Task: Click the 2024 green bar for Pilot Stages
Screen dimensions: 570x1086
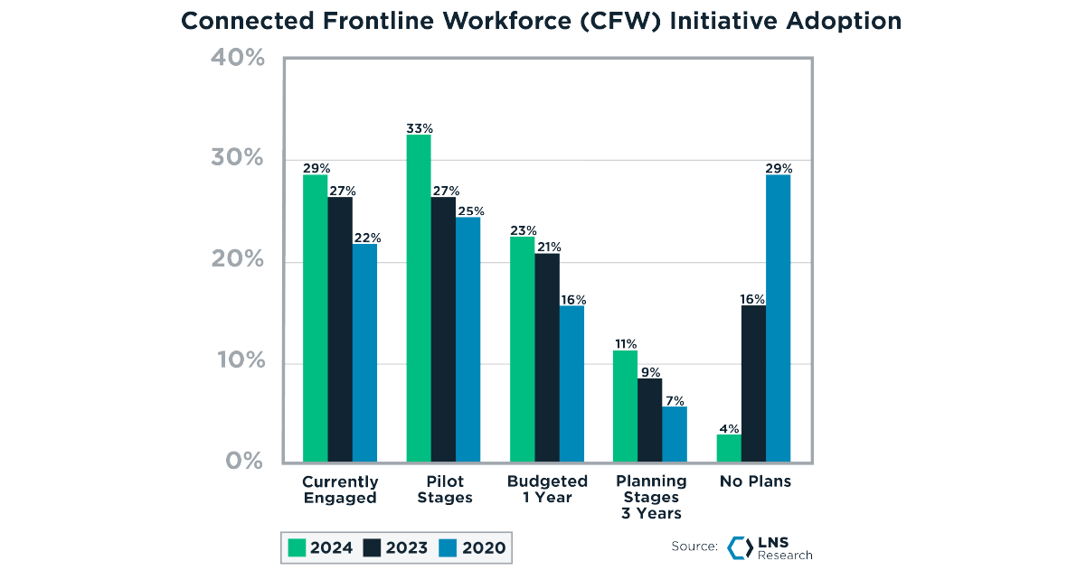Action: [419, 298]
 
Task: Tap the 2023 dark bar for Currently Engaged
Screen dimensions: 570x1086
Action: [340, 329]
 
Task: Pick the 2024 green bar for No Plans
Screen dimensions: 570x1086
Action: [728, 447]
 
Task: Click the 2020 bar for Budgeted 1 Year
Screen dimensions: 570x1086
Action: [571, 383]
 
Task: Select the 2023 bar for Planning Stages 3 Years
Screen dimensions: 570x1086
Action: [649, 419]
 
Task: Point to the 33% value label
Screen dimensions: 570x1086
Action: [419, 128]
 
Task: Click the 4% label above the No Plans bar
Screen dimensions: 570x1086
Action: [729, 428]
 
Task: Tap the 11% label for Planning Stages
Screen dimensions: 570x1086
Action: [625, 344]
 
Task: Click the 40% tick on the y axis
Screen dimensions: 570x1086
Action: [237, 58]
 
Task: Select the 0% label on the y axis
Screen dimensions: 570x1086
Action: [244, 462]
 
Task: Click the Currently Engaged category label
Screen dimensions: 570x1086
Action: [340, 490]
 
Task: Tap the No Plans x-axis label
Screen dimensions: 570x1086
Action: [755, 481]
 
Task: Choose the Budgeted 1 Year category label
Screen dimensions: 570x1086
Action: [547, 490]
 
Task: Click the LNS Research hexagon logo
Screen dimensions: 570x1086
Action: [740, 547]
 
